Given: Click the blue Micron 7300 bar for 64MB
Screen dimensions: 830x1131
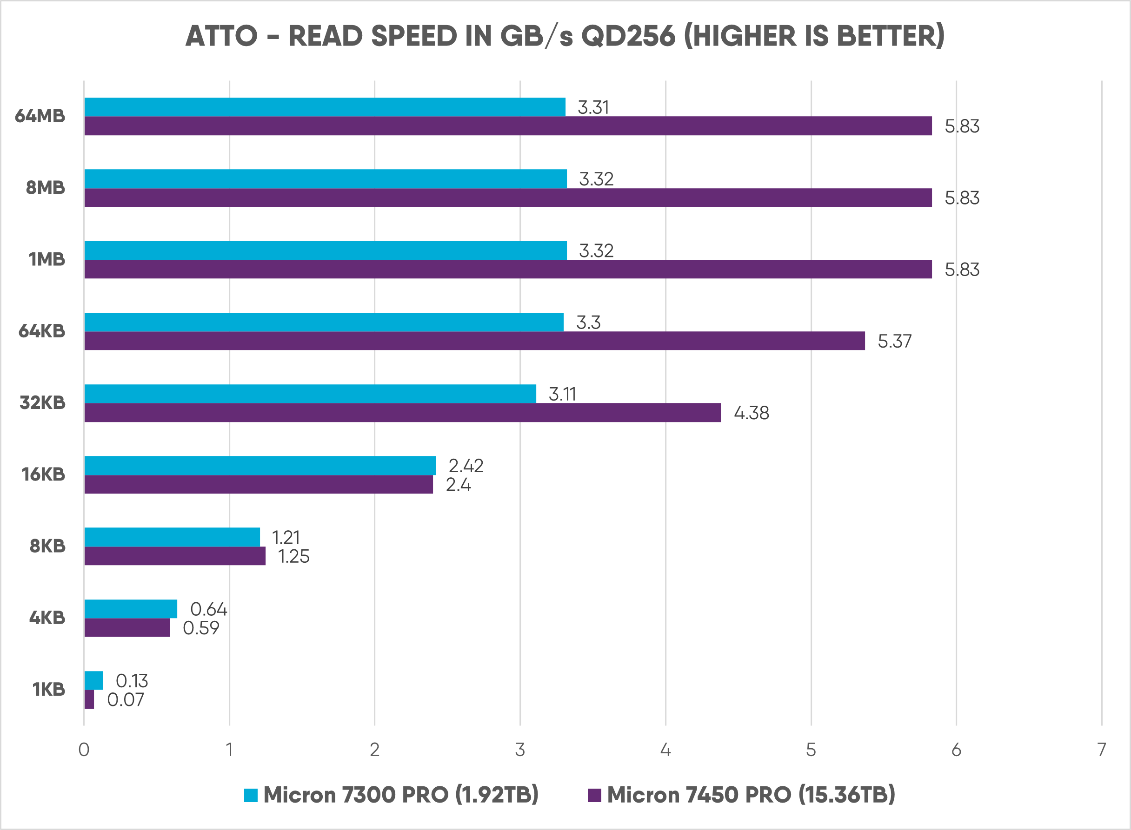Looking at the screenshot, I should point(325,107).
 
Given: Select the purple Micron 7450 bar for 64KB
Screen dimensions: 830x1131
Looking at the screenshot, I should point(474,341).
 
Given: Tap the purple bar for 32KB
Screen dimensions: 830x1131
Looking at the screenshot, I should point(402,413).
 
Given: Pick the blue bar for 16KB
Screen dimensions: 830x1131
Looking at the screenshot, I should point(260,465).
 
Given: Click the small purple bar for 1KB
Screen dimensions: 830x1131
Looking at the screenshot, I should point(89,699).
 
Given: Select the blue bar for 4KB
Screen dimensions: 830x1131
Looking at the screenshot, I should point(131,608).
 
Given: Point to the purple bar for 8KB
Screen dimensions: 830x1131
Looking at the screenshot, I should point(175,556).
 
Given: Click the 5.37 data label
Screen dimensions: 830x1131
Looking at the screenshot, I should point(894,342).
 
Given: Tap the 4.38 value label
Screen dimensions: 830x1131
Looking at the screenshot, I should point(751,413).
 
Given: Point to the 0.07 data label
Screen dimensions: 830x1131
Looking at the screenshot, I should point(126,700).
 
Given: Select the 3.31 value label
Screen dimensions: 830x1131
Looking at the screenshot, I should point(593,107).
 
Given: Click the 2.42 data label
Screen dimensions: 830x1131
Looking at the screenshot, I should point(466,466).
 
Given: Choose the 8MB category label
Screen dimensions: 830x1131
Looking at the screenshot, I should point(45,188).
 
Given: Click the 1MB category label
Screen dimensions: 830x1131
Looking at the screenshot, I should point(47,259).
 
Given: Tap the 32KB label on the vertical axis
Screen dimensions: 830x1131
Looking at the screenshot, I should point(43,403).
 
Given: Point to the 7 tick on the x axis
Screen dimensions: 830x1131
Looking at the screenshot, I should point(1102,750).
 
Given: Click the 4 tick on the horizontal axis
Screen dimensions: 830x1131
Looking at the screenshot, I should point(665,750).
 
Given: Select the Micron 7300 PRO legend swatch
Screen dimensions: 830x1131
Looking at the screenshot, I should point(251,795).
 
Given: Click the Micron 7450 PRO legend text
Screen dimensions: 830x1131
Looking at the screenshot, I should point(751,795).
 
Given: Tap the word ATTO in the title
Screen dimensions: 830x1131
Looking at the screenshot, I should point(221,36).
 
